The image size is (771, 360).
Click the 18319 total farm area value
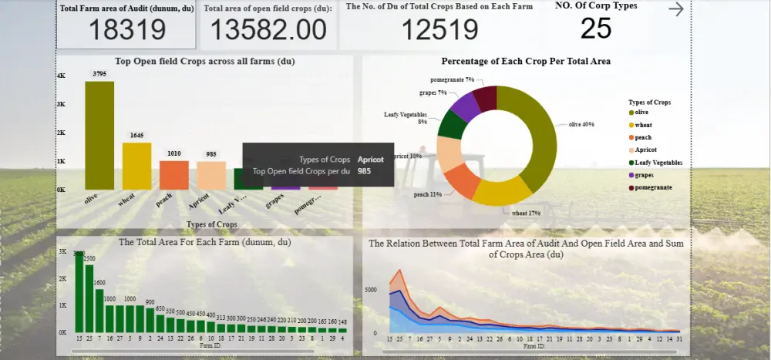pos(127,30)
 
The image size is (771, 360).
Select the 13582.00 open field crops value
pos(268,30)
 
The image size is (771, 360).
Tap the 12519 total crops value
pos(439,30)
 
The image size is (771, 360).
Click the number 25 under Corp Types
pos(596,29)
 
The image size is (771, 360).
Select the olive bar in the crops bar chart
pos(99,135)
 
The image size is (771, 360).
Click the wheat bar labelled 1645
pos(136,166)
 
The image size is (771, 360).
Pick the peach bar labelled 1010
pos(174,174)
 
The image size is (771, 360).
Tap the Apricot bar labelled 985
pos(211,175)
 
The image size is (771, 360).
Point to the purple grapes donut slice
pos(466,108)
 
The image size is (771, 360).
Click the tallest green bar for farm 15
pos(79,291)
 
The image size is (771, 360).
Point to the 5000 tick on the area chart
pos(370,290)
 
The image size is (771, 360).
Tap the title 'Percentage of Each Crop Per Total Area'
pos(526,61)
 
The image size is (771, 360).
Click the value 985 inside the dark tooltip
pos(365,171)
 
